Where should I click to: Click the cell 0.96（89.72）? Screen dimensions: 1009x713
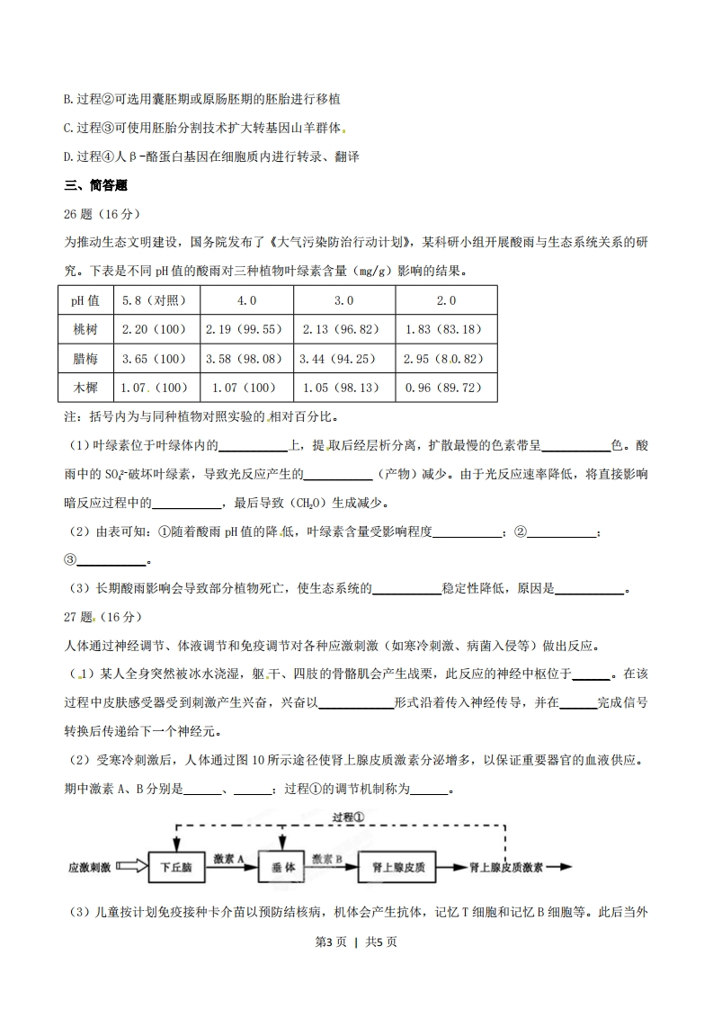point(444,388)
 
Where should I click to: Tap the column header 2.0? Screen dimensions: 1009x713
point(444,300)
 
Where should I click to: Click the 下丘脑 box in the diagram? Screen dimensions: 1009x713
point(176,868)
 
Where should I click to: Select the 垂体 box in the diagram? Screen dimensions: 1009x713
point(283,868)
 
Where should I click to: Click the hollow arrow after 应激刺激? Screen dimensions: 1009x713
point(129,868)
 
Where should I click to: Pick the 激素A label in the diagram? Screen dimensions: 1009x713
point(230,860)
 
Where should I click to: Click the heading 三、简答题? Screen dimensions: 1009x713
point(96,186)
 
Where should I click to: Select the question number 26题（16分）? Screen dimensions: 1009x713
point(100,213)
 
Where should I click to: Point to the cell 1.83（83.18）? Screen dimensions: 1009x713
point(444,329)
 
